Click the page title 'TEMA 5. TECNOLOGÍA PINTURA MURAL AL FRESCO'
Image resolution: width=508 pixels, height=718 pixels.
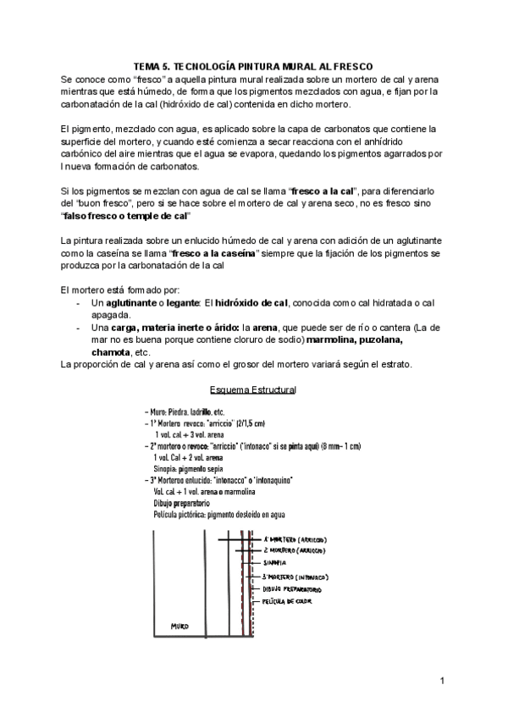point(253,66)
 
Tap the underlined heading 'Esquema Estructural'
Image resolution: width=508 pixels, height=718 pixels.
point(252,389)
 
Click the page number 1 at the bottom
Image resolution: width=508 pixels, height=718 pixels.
point(442,681)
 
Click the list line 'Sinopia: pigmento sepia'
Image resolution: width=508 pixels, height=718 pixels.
point(188,467)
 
